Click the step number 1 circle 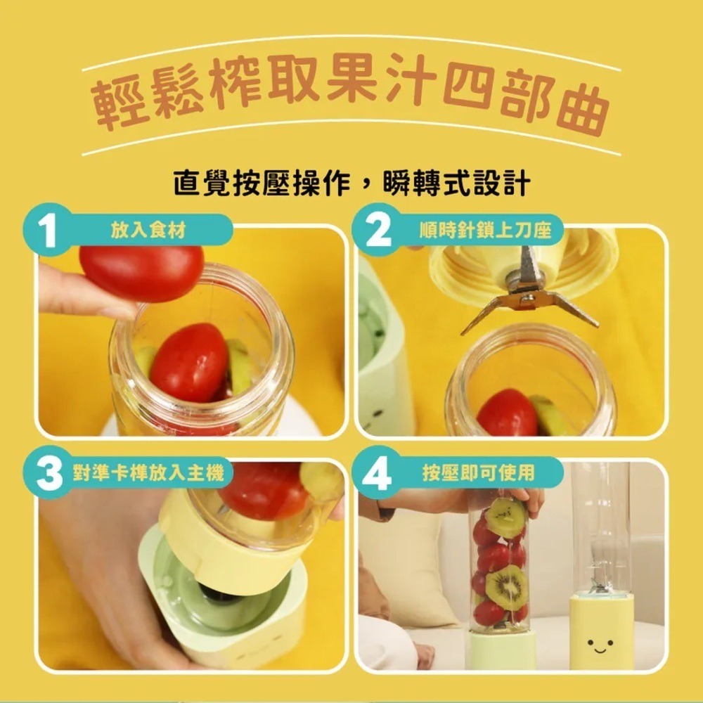[48, 230]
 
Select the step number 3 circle [49, 472]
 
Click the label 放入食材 [148, 230]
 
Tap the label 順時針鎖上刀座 [484, 230]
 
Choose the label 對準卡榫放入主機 [148, 472]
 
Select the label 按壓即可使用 [479, 472]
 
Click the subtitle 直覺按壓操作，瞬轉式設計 [352, 183]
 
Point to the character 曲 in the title [582, 109]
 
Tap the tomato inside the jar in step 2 [507, 413]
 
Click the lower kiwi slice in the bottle [507, 587]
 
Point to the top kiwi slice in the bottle [507, 518]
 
